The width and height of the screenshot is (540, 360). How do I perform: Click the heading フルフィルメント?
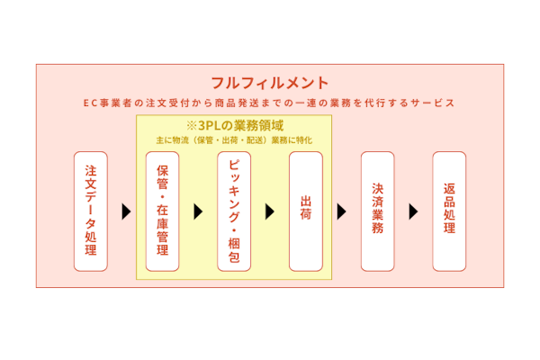pyautogui.click(x=270, y=82)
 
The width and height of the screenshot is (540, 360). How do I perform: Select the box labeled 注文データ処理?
pyautogui.click(x=90, y=211)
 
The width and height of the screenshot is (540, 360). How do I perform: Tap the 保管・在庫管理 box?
pyautogui.click(x=162, y=211)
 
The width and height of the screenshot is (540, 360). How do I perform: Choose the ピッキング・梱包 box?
pyautogui.click(x=234, y=211)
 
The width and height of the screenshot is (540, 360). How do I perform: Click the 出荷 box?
pyautogui.click(x=306, y=211)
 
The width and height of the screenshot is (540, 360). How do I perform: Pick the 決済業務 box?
pyautogui.click(x=378, y=211)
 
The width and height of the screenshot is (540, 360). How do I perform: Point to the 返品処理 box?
pyautogui.click(x=449, y=211)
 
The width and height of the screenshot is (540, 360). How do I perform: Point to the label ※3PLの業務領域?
pyautogui.click(x=234, y=125)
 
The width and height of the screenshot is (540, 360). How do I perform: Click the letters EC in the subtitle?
pyautogui.click(x=91, y=103)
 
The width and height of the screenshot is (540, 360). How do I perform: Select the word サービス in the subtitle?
pyautogui.click(x=434, y=103)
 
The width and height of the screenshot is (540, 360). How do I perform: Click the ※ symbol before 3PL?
pyautogui.click(x=191, y=125)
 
